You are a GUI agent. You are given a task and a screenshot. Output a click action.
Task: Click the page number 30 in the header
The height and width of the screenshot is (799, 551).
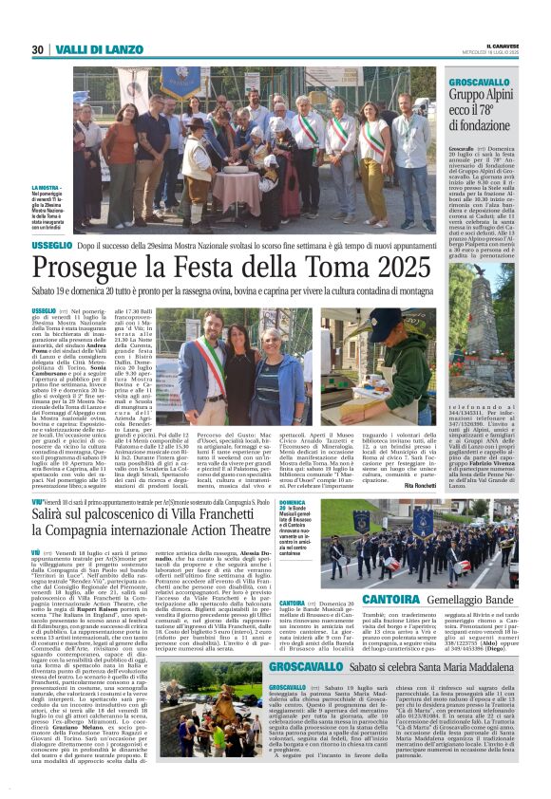pos(38,49)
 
